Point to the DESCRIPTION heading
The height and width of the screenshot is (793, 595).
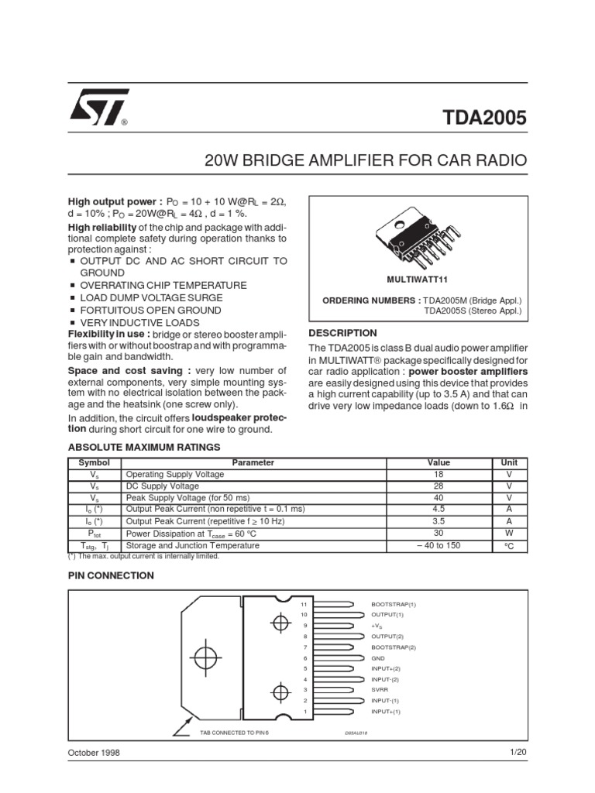(x=343, y=333)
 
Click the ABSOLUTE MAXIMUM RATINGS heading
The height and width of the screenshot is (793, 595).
(x=145, y=447)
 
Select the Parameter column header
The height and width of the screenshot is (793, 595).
(x=253, y=462)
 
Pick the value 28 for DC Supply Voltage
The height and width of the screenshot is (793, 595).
(x=439, y=486)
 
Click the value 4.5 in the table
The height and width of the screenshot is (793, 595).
(x=439, y=510)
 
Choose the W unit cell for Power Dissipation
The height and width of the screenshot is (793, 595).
(x=509, y=534)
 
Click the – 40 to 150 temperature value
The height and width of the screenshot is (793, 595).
(x=439, y=545)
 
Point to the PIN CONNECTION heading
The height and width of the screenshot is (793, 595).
(x=112, y=575)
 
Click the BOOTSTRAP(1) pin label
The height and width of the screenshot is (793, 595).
(x=394, y=603)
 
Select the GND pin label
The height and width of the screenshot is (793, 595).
(x=378, y=657)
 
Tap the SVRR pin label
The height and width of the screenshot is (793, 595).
(x=380, y=689)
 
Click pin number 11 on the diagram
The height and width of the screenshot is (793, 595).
(x=304, y=603)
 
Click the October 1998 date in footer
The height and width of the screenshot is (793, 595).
(x=95, y=753)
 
